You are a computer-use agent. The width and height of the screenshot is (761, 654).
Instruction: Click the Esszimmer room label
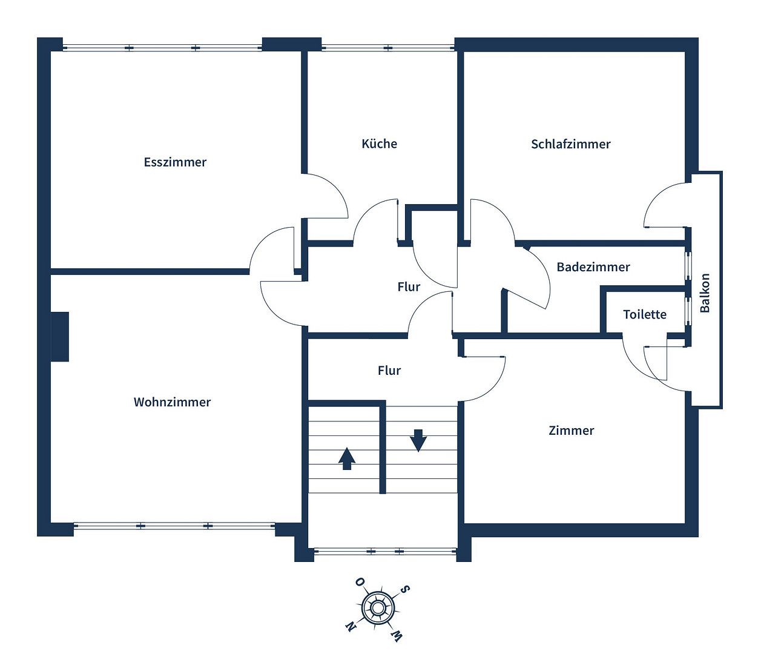(175, 162)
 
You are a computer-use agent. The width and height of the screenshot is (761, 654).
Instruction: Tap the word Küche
(379, 144)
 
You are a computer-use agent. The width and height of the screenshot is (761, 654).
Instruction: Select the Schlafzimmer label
(571, 144)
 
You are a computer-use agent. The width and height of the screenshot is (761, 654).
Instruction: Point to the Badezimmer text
(593, 267)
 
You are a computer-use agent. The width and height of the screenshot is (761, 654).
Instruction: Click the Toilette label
(645, 314)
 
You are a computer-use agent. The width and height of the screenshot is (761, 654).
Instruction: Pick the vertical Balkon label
(705, 292)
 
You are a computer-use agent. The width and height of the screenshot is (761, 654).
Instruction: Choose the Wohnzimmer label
(172, 402)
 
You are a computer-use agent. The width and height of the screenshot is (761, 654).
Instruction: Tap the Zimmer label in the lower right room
(571, 431)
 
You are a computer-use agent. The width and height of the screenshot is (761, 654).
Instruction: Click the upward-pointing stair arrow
(347, 458)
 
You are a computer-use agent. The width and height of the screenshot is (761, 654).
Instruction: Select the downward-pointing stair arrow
(418, 440)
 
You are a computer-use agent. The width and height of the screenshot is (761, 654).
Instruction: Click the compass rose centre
(377, 607)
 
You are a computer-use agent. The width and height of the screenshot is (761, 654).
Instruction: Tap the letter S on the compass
(404, 589)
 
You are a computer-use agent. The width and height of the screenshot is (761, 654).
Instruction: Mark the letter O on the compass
(360, 582)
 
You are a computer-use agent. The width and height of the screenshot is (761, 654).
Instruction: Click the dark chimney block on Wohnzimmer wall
(60, 337)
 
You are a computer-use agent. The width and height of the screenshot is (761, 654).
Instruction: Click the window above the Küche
(388, 48)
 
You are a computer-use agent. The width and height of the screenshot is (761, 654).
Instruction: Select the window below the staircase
(385, 551)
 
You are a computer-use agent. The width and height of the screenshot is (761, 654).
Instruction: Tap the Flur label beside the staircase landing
(389, 371)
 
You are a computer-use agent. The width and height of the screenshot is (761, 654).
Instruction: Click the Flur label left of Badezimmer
(409, 287)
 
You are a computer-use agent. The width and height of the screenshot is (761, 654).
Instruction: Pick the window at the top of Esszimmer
(162, 48)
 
